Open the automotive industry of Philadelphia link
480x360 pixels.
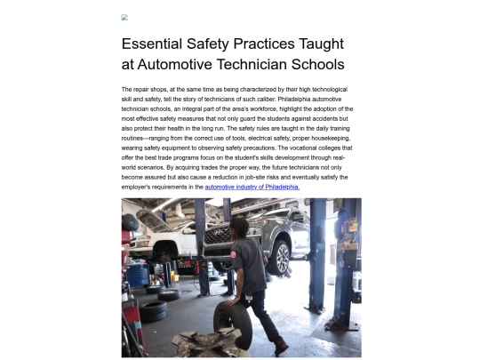coord(252,188)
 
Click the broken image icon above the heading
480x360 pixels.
coord(124,17)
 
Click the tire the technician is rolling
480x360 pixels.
coord(231,322)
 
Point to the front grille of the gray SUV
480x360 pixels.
coord(217,237)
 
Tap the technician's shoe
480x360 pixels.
coord(280,347)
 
